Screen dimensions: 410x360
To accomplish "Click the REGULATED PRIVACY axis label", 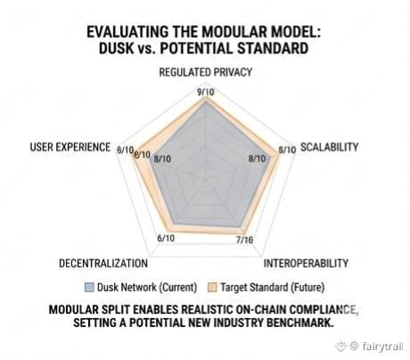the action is [206, 72].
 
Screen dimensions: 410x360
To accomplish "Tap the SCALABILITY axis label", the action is [330, 147].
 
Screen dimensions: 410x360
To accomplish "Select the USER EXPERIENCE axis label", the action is [70, 147].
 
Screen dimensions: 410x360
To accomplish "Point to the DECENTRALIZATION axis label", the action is [103, 264].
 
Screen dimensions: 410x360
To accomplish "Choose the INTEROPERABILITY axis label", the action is [306, 264].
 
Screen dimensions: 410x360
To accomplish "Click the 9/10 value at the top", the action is [206, 93].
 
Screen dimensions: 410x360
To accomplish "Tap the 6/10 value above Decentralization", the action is [166, 238].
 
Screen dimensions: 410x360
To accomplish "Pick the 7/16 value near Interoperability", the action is [245, 240].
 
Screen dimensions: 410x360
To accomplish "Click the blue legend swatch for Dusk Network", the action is [89, 287].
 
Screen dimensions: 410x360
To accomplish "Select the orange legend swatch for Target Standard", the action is [212, 287].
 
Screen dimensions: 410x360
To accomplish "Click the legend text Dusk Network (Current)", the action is [147, 287].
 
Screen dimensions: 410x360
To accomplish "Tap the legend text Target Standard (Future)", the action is [273, 287].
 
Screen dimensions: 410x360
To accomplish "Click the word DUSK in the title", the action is [116, 48].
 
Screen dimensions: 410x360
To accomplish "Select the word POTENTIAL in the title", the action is [196, 48].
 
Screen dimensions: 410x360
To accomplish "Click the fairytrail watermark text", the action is [383, 346].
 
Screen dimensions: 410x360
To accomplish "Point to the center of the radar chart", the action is [206, 179].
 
